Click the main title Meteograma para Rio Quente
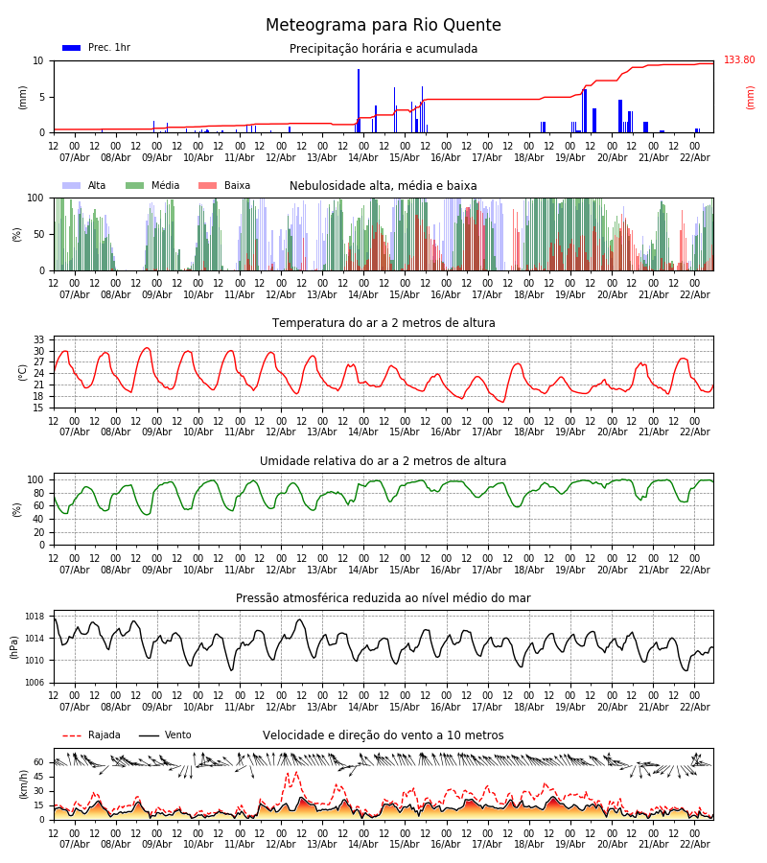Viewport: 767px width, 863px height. tap(383, 26)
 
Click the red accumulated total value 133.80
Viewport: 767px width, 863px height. tap(739, 60)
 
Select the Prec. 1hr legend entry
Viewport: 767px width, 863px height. tap(96, 48)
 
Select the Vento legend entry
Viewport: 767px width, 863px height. tap(165, 735)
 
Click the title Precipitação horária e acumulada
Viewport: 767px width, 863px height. tap(383, 49)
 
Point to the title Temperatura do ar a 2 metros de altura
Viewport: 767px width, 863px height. tap(383, 323)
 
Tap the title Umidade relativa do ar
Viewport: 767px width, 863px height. tap(383, 461)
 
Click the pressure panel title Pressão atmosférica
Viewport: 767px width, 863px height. tap(383, 598)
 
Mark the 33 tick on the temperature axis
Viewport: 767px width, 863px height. tap(38, 340)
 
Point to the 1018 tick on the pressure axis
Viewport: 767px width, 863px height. tap(35, 617)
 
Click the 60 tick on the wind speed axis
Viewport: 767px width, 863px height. tap(38, 762)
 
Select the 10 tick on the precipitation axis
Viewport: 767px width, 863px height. tap(38, 60)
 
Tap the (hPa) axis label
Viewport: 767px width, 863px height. tap(15, 646)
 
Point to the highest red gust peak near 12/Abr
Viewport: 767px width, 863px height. tap(293, 772)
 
